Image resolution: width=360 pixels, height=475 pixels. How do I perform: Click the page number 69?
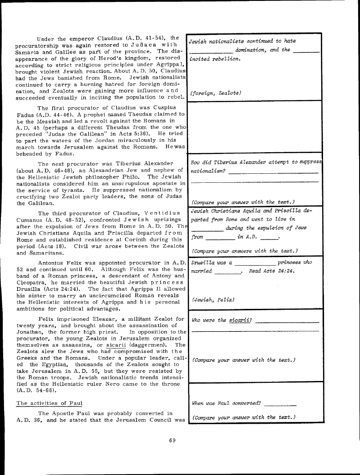(172, 440)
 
